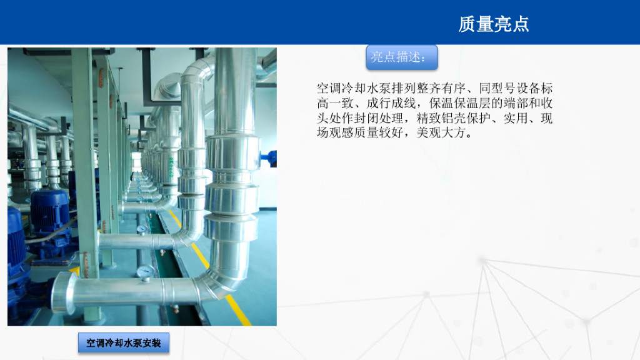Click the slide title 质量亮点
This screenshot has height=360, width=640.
(494, 24)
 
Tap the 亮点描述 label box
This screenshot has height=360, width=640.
(401, 57)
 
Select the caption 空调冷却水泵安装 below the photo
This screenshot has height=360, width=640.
(124, 343)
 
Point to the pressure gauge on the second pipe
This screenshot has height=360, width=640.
(141, 229)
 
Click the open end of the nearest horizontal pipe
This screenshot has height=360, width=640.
(62, 292)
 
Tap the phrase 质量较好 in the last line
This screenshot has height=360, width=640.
(380, 133)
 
